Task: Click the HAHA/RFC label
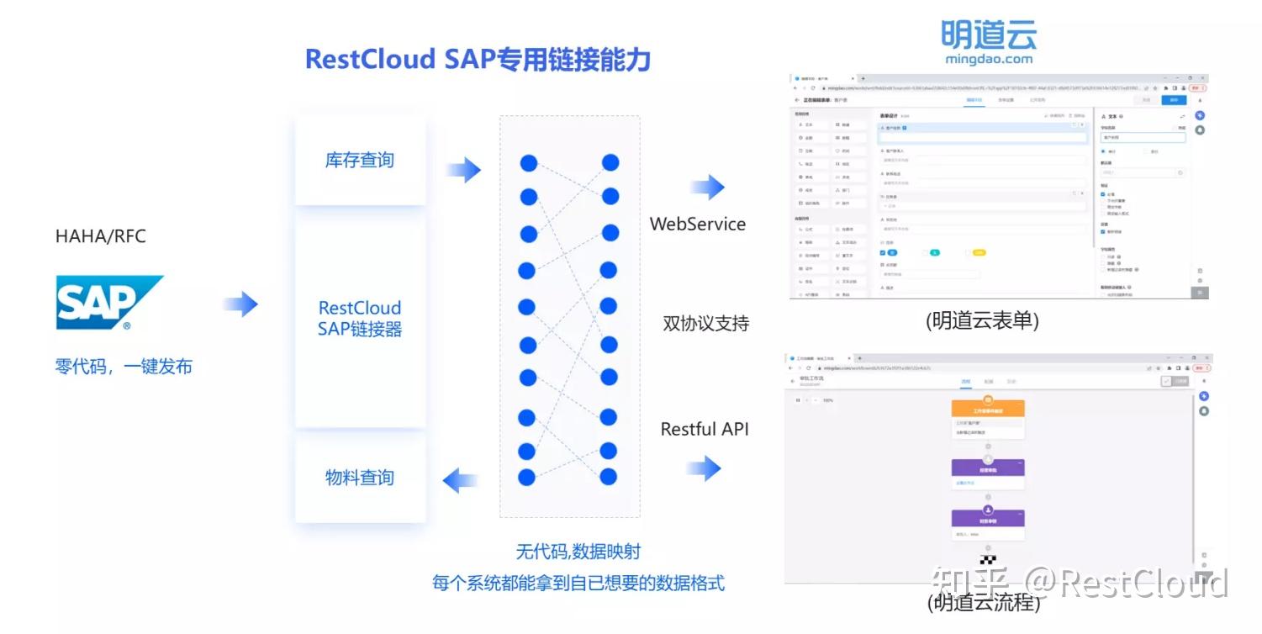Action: pos(101,236)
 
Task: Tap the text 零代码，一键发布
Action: pos(124,367)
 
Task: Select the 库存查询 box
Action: pos(360,160)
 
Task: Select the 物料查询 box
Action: pos(360,478)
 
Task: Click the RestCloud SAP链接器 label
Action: pos(360,319)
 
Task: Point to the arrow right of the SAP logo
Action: pos(241,304)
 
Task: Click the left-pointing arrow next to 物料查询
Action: pos(460,481)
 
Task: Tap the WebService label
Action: pos(698,224)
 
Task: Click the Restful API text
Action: pos(705,429)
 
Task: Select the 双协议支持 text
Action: pos(705,323)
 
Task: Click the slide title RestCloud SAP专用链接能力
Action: pos(478,60)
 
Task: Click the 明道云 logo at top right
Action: pos(989,41)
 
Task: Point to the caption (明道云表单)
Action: pos(982,321)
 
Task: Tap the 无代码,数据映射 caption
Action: pos(578,552)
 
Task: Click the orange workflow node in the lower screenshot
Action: pos(988,409)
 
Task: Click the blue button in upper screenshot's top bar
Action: pos(1175,99)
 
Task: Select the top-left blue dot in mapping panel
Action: pos(529,163)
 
